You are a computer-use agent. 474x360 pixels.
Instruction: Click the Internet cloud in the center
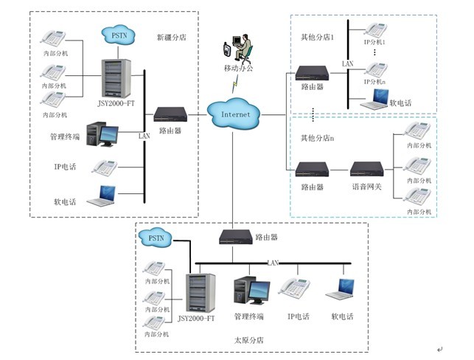coord(236,114)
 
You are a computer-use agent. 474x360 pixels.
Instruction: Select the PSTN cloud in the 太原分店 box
coord(157,238)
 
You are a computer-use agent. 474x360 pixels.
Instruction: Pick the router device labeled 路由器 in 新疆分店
coord(169,114)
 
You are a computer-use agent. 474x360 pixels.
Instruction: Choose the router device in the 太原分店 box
coord(235,237)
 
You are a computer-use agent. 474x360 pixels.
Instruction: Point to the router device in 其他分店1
coord(311,73)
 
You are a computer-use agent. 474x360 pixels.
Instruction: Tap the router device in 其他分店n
coord(311,170)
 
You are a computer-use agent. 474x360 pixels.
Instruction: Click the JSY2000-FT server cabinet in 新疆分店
coord(116,81)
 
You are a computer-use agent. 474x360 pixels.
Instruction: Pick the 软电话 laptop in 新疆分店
coord(102,195)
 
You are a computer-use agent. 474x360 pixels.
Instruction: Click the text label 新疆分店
coord(172,36)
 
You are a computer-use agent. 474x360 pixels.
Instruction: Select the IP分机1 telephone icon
coord(374,31)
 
